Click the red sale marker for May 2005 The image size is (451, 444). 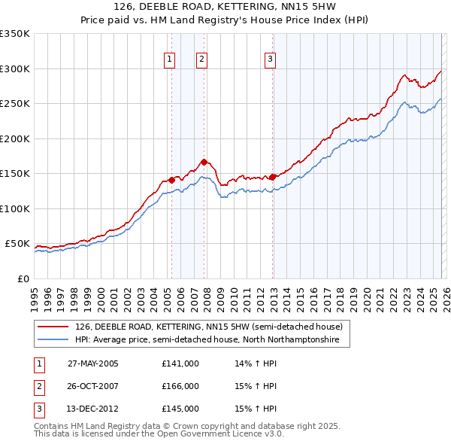[x=171, y=180]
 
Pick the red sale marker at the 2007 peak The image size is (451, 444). [x=204, y=162]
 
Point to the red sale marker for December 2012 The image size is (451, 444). [x=272, y=177]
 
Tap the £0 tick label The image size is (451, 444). [x=23, y=278]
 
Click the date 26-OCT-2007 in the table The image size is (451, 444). [x=93, y=386]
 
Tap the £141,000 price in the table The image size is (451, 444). [x=180, y=363]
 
